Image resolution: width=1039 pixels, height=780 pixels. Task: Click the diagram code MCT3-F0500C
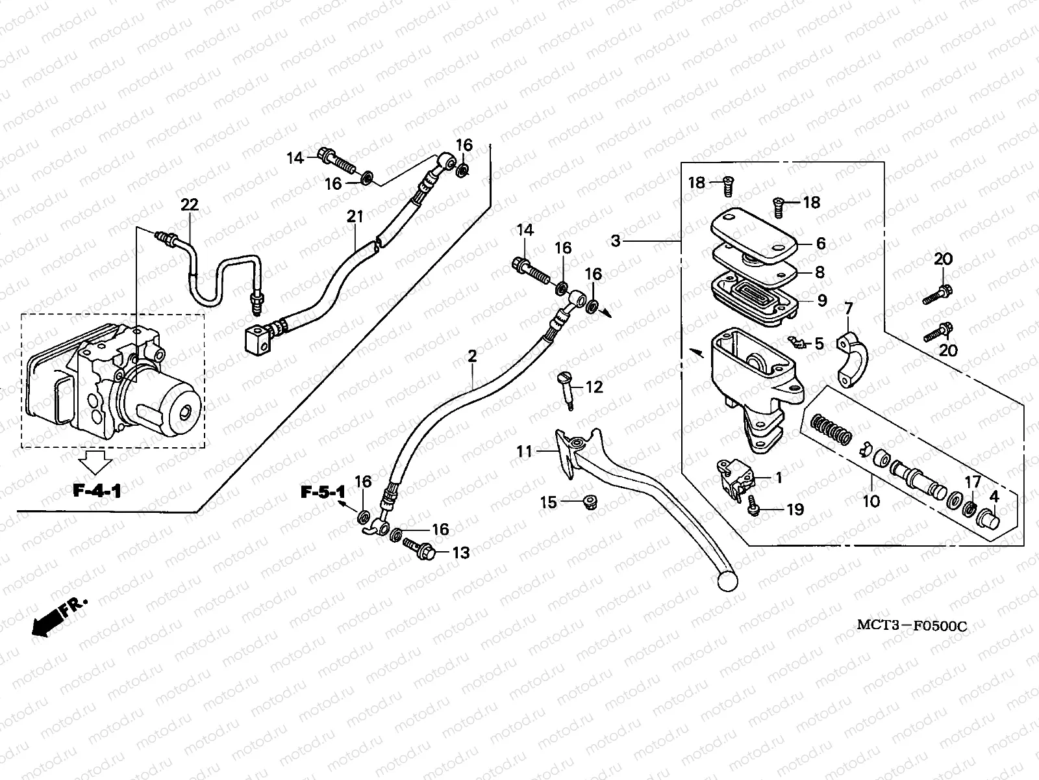pos(912,626)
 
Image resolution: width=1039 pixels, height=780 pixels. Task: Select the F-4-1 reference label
pos(97,491)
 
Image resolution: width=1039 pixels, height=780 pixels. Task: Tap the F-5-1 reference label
pos(322,492)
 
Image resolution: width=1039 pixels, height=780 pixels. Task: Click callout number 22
pos(189,205)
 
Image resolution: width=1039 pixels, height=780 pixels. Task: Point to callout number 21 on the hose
pos(355,216)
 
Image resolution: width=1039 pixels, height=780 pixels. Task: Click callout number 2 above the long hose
pos(472,356)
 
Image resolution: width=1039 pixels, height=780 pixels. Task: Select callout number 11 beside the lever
pos(525,451)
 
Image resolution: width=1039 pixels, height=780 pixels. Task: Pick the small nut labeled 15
pos(590,502)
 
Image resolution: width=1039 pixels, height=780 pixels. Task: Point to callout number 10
pos(871,500)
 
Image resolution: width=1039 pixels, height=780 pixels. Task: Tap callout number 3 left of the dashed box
pos(616,241)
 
